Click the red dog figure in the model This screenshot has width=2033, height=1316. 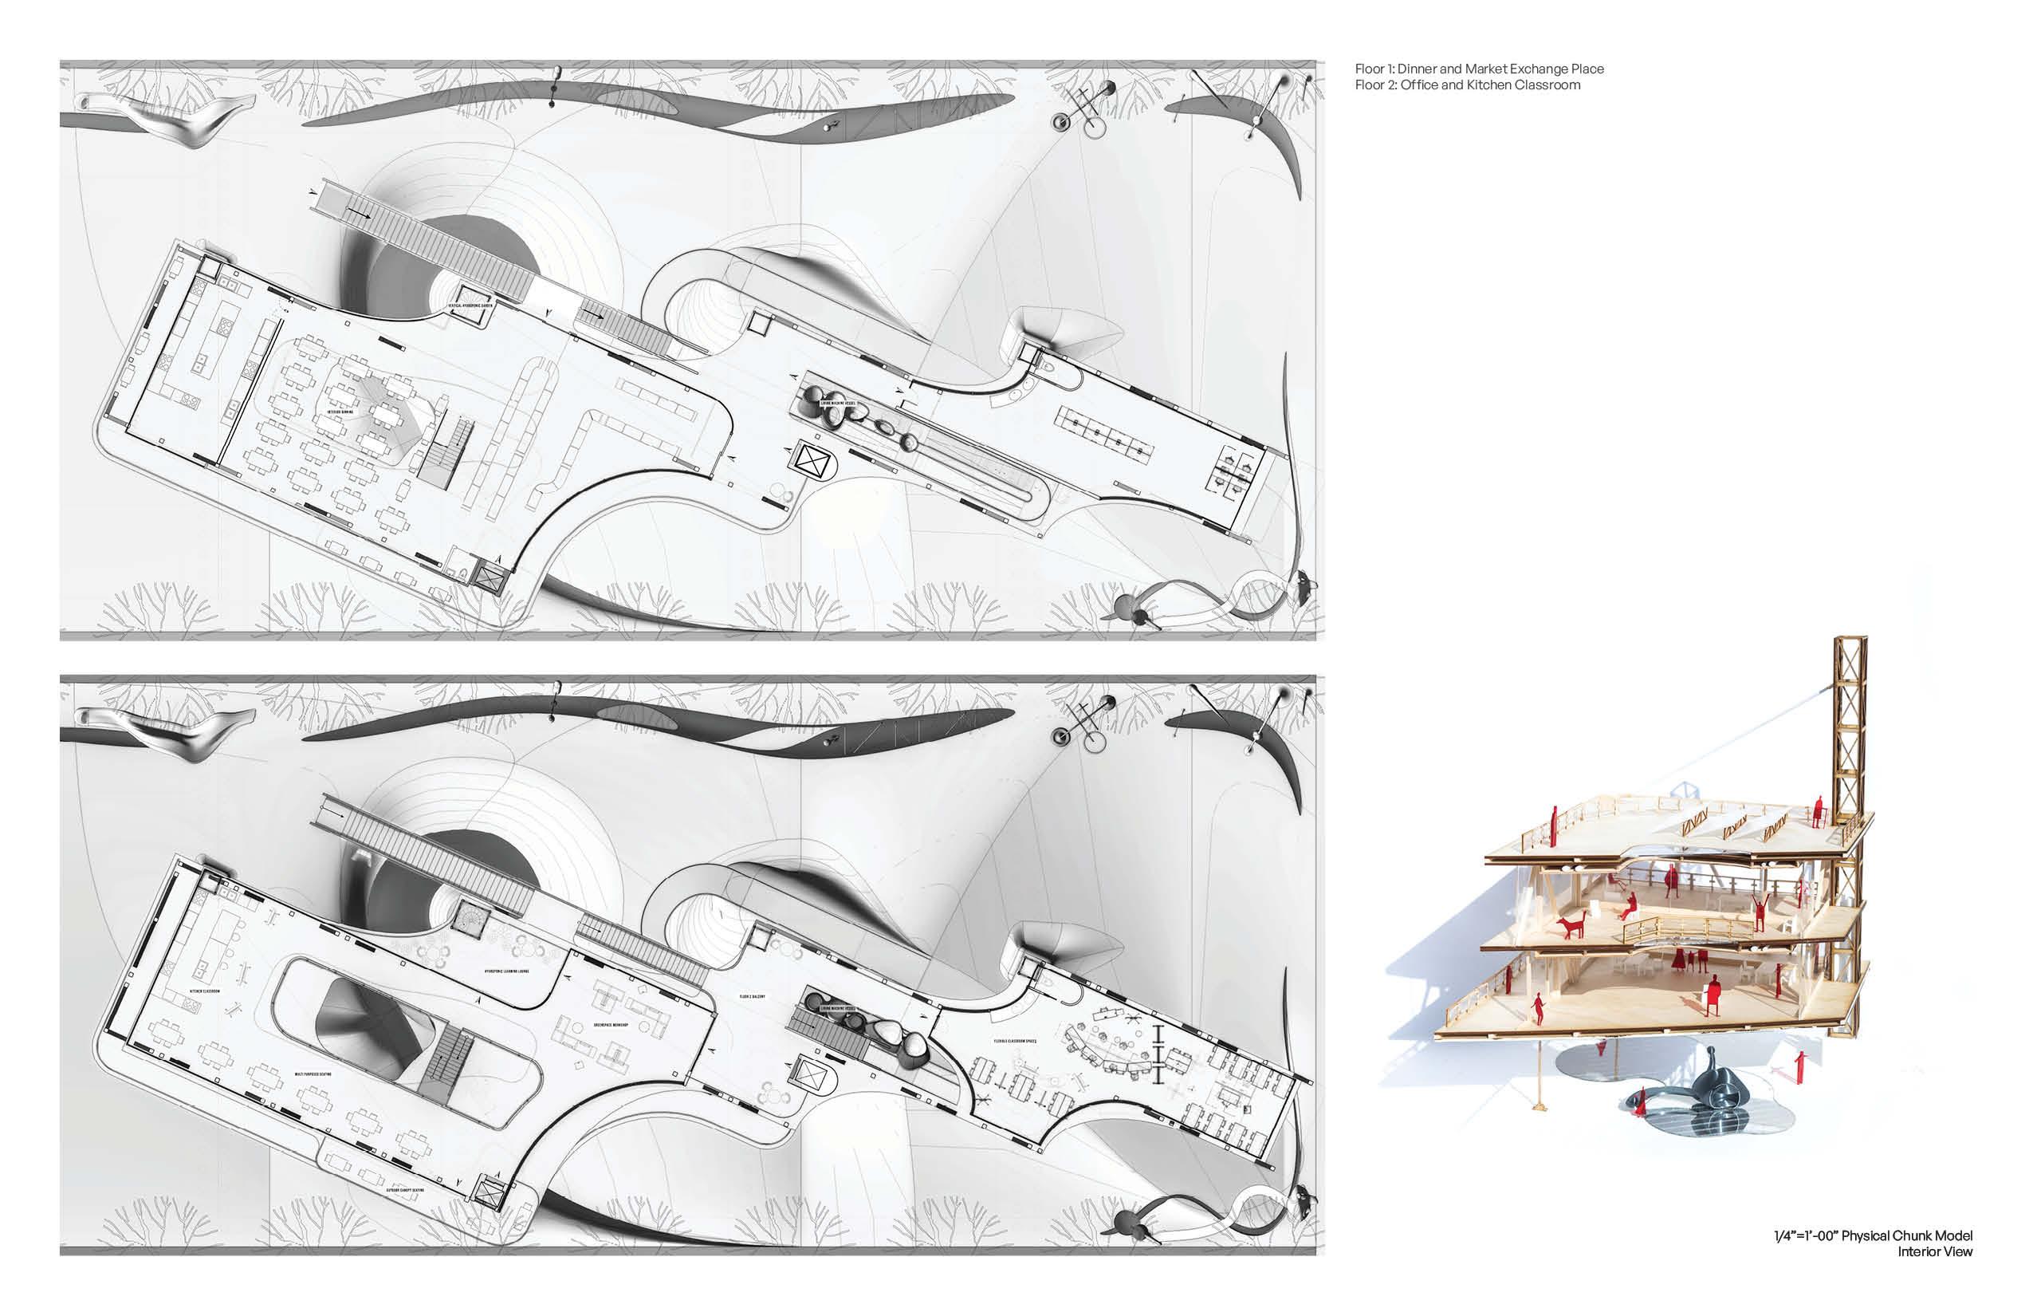1571,925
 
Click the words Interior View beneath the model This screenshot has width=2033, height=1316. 1935,1252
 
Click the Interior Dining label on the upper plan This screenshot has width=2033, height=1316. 341,412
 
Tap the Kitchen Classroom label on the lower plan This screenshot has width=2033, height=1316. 205,991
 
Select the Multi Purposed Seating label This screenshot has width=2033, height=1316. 313,1074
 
